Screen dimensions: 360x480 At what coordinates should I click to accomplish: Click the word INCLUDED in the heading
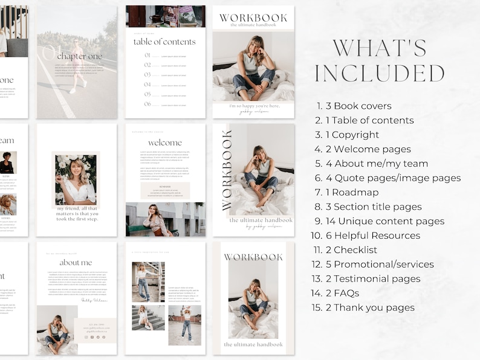[380, 73]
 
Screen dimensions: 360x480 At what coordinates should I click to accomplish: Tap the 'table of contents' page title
[164, 42]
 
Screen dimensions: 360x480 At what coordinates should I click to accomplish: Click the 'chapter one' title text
[79, 56]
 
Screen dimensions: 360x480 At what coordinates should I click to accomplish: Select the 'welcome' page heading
[164, 143]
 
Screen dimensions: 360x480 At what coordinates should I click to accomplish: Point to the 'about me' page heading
[76, 262]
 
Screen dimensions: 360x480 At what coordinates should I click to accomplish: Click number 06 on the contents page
[148, 104]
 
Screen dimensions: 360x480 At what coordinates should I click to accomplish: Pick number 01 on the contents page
[148, 56]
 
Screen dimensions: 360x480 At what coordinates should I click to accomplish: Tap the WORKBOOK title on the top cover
[253, 18]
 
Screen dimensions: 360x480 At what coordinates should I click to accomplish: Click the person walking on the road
[76, 66]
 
